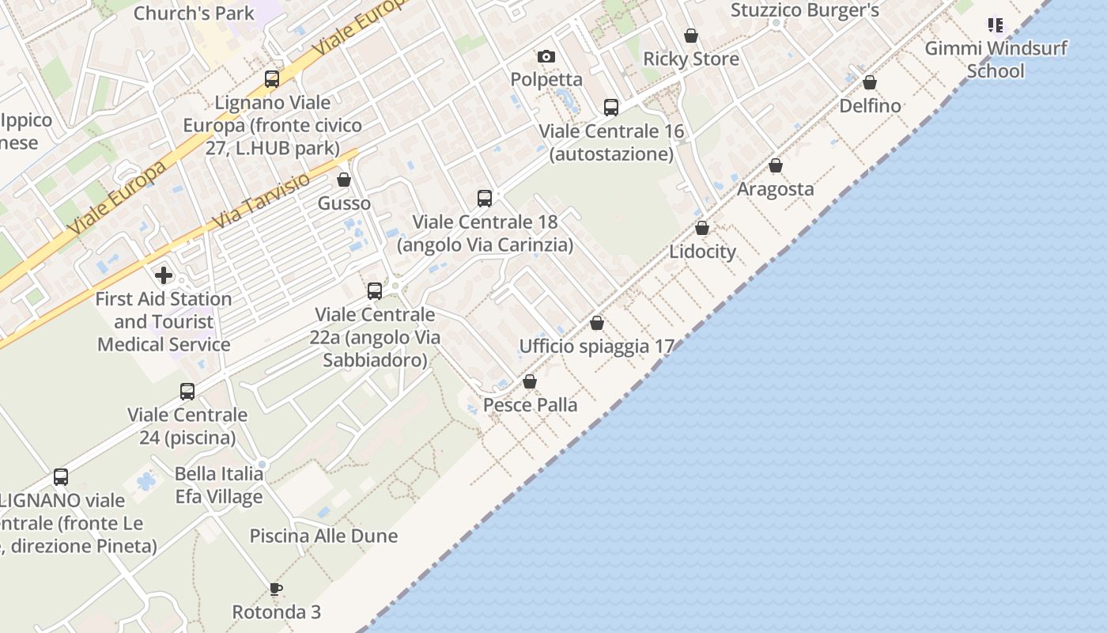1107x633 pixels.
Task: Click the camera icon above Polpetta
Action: tap(546, 56)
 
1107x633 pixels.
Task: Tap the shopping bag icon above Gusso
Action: tap(344, 180)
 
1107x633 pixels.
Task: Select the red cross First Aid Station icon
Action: tap(164, 275)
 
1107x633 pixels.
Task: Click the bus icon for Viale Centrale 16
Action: tap(610, 108)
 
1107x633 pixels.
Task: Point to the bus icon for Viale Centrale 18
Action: tap(485, 199)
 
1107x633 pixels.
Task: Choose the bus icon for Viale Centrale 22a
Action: tap(375, 291)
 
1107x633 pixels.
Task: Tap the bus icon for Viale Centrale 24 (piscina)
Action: tap(187, 392)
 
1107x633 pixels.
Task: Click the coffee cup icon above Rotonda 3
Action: tap(275, 589)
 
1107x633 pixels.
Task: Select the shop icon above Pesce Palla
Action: tap(530, 382)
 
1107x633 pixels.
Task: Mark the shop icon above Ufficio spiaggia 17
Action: tap(597, 324)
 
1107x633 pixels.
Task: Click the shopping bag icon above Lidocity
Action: tap(702, 229)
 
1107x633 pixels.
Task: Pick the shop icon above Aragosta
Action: tap(776, 166)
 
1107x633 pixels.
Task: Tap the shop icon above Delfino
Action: tap(870, 83)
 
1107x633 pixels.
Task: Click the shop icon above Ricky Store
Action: tap(691, 36)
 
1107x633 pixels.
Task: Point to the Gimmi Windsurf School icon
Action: tap(995, 25)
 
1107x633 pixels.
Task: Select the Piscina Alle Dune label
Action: tap(323, 536)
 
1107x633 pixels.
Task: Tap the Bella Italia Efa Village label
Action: tap(219, 485)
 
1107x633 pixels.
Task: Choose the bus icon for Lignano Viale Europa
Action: tap(272, 79)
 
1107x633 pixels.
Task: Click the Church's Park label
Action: tap(195, 13)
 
